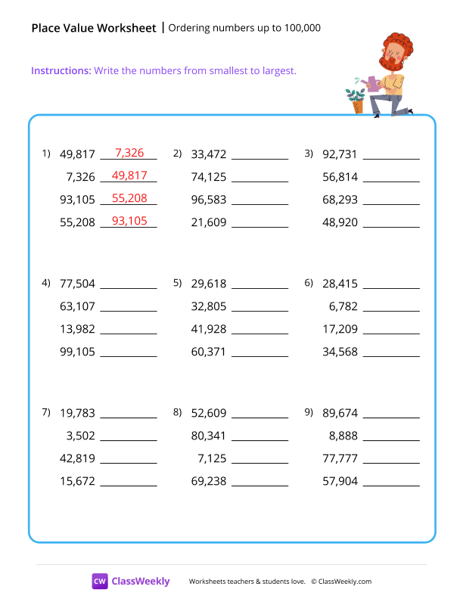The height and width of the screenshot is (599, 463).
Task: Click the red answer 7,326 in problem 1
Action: point(129,154)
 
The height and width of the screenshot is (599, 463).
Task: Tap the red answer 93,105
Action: point(129,221)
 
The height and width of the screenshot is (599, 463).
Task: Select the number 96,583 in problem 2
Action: point(209,200)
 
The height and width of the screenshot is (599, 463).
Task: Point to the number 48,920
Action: point(340,223)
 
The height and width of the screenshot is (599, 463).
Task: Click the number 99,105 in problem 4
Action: point(77,352)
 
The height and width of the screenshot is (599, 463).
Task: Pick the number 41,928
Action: point(209,330)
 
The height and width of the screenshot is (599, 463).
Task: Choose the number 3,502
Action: point(81,436)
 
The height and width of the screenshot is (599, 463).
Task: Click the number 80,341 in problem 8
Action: point(209,436)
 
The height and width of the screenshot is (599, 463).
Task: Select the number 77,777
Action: point(340,458)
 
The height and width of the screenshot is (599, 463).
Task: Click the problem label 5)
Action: point(178,283)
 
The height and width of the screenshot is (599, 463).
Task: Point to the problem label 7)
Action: point(46,411)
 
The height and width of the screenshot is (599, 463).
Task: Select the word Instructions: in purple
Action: point(61,70)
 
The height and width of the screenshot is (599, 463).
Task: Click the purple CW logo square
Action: point(100,581)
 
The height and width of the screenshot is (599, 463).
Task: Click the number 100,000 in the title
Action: point(302,29)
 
